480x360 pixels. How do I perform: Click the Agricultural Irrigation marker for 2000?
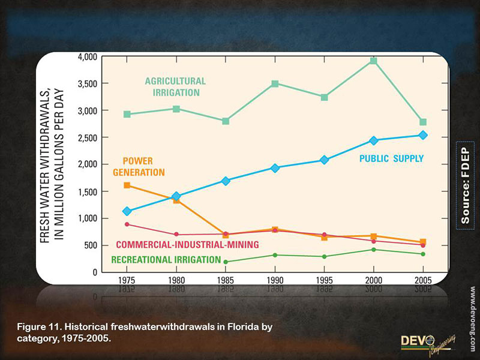point(373,61)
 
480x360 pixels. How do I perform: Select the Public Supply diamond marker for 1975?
point(127,211)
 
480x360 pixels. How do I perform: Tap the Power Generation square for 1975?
point(127,185)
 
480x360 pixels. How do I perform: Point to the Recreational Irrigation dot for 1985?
point(226,262)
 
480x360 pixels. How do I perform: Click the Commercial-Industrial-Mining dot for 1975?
point(127,224)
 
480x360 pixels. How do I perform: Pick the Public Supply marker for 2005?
point(423,135)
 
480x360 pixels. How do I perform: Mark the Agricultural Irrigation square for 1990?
point(275,83)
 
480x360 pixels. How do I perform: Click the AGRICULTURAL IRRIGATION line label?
point(175,87)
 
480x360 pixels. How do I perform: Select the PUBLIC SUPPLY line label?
point(391,159)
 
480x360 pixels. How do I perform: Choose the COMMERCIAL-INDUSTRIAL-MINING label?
point(187,245)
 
